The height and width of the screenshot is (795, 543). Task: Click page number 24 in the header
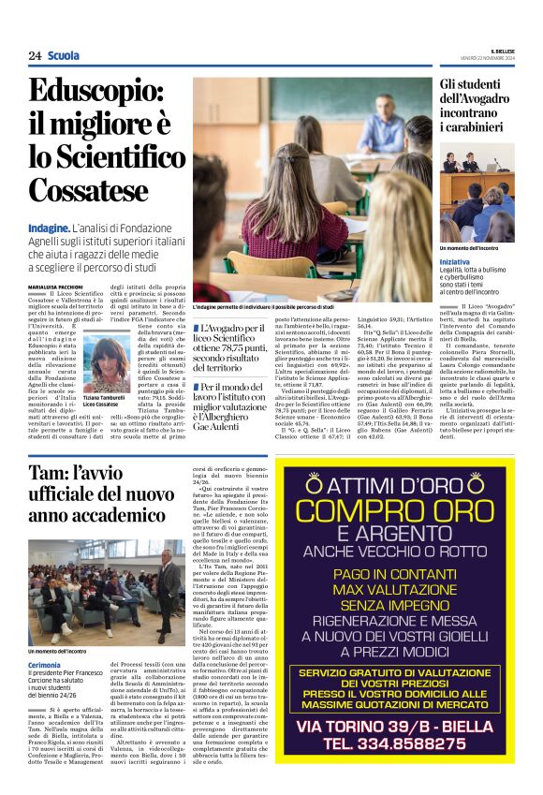[35, 55]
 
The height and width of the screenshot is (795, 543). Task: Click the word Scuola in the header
[64, 55]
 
